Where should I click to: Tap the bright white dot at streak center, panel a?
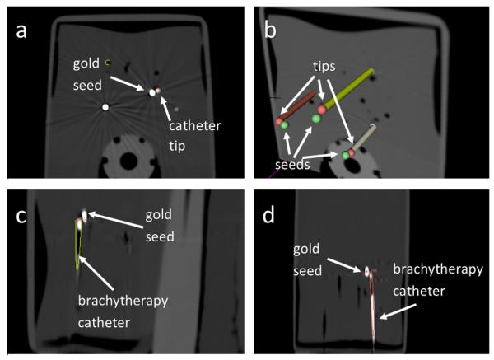pos(105,107)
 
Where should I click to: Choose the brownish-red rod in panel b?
pos(300,105)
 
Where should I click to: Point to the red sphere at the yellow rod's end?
pos(322,109)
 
